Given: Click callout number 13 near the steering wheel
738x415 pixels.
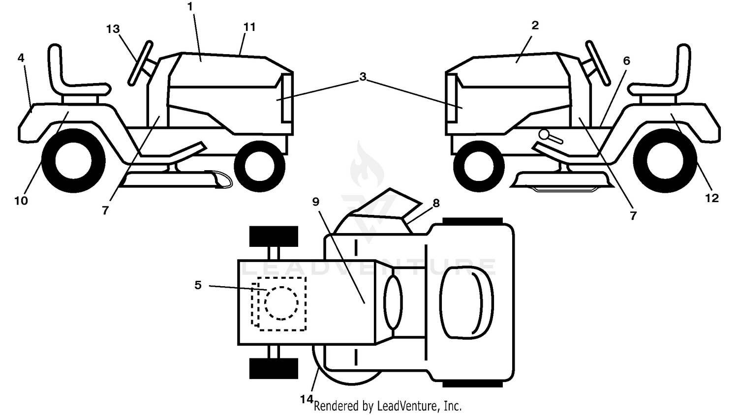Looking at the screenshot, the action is click(x=113, y=29).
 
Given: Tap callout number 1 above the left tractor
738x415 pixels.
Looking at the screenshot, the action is click(x=190, y=6).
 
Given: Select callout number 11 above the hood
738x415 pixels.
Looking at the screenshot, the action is click(x=249, y=27).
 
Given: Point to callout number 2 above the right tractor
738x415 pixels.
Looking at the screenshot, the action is click(x=535, y=25).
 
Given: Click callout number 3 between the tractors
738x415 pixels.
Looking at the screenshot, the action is click(x=363, y=76).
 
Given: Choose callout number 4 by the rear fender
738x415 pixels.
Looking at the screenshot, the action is click(x=21, y=58).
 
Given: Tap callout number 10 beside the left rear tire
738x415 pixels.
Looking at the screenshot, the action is click(x=21, y=200).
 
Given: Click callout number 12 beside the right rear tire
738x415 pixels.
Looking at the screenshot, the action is click(x=711, y=198).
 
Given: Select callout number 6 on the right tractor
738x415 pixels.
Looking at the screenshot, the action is click(x=626, y=60).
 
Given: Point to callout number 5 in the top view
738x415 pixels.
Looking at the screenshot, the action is click(x=198, y=285).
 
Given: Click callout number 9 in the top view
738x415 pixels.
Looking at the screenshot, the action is click(x=316, y=202).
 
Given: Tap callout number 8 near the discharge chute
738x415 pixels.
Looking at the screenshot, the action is click(x=436, y=203).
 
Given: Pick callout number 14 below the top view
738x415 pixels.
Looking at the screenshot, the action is click(x=307, y=399).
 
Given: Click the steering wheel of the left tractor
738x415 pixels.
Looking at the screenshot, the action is click(x=140, y=63).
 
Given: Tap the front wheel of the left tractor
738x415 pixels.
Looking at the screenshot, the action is click(x=260, y=166).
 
